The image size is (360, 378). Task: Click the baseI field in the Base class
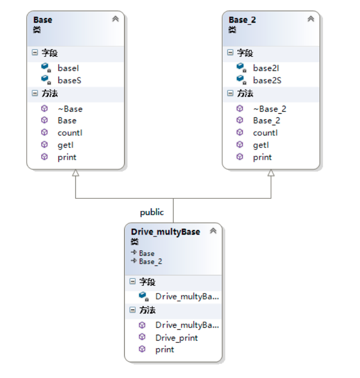[68, 67]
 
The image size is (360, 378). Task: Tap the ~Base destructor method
[70, 109]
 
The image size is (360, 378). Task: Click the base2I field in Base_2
[265, 67]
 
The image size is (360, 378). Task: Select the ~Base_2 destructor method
[269, 109]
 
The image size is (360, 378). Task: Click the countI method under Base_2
[265, 133]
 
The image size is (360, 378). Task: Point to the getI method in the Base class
[66, 145]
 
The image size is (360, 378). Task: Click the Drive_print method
[176, 338]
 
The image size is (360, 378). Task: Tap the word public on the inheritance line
[152, 212]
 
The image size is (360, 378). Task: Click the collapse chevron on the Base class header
[115, 19]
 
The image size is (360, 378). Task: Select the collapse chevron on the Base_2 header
[311, 19]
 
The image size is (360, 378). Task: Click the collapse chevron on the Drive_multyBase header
[213, 231]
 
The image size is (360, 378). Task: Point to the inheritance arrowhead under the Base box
[75, 173]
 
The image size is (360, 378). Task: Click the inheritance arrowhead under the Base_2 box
[271, 173]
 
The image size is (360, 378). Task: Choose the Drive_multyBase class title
[165, 232]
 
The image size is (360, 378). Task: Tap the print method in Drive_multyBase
[164, 349]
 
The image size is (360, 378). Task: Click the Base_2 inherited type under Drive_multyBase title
[150, 261]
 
